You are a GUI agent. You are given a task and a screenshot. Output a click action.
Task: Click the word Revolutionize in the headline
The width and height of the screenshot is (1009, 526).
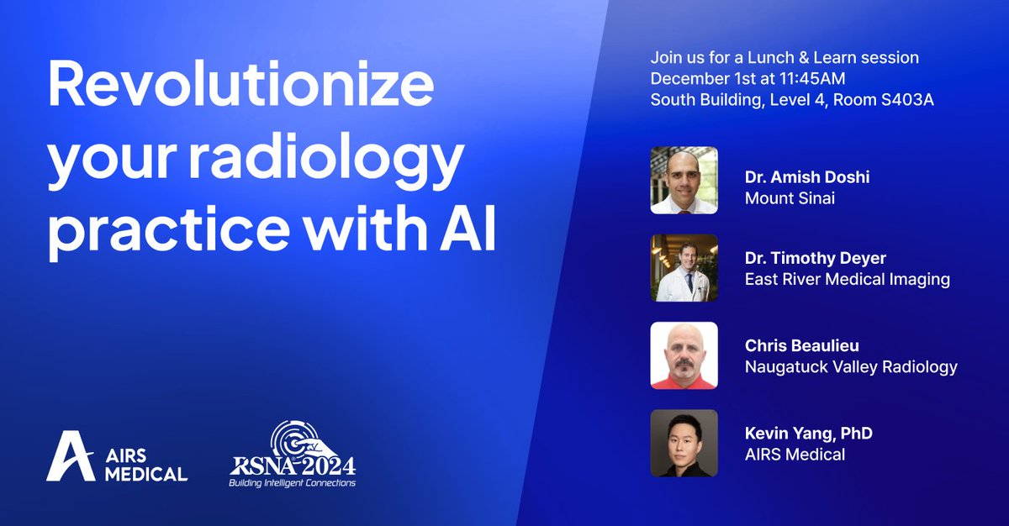pos(240,87)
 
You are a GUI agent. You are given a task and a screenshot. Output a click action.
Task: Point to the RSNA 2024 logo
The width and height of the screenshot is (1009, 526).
pos(294,454)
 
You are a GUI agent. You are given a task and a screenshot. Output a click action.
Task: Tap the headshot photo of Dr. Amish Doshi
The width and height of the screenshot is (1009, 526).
pos(684,181)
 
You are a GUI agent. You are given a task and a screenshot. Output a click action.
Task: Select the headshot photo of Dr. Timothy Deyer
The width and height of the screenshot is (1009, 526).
pos(684,268)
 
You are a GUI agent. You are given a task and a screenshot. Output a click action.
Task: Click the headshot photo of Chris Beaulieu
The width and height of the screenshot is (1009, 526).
pos(684,355)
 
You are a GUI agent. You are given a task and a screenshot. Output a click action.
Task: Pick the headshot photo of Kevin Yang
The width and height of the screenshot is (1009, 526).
pos(684,443)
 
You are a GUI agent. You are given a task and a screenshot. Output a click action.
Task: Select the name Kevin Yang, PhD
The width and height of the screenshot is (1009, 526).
pos(808,434)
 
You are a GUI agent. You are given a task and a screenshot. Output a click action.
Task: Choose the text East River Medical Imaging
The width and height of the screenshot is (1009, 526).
pos(848,280)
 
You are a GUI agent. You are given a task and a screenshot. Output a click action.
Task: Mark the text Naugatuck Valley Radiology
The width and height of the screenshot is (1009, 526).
pos(851,366)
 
